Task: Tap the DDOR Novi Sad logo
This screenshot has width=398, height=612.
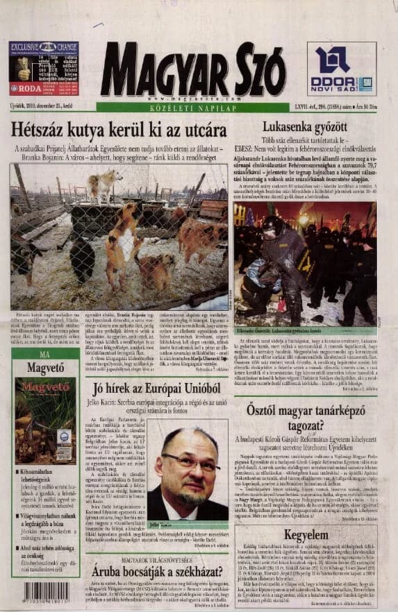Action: [341, 68]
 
